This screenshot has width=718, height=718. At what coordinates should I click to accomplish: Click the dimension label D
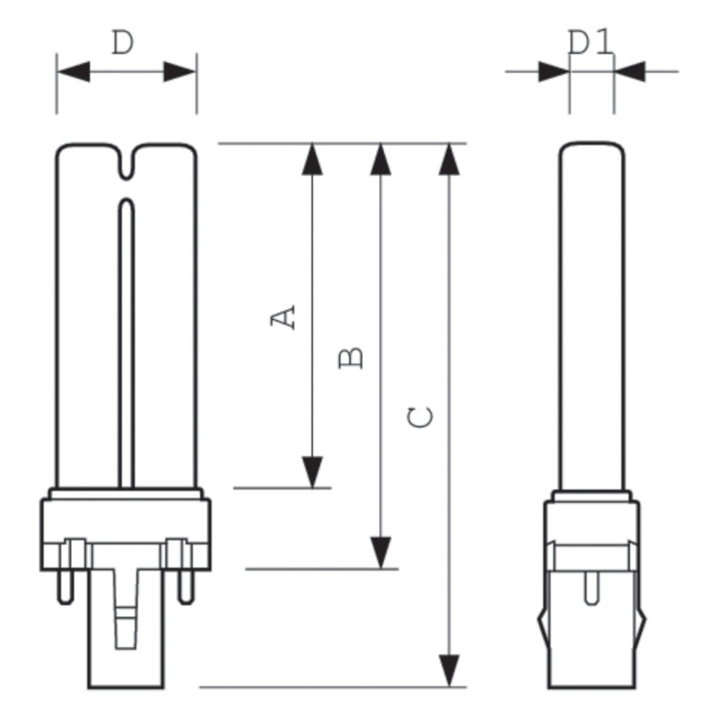123,44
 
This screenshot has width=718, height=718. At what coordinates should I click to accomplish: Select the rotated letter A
285,317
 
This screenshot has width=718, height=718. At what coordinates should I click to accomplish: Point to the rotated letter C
422,417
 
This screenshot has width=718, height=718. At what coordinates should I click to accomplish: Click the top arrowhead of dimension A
313,159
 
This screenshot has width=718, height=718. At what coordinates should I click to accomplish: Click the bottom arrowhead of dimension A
313,472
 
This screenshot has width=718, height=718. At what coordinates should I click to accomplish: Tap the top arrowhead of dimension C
451,159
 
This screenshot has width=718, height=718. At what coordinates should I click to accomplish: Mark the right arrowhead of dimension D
179,72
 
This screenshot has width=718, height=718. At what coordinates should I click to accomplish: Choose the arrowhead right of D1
631,72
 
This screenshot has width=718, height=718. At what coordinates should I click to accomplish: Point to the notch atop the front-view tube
127,166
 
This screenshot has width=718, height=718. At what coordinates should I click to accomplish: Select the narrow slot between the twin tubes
127,339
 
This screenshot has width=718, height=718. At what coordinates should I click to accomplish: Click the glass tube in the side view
591,319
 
